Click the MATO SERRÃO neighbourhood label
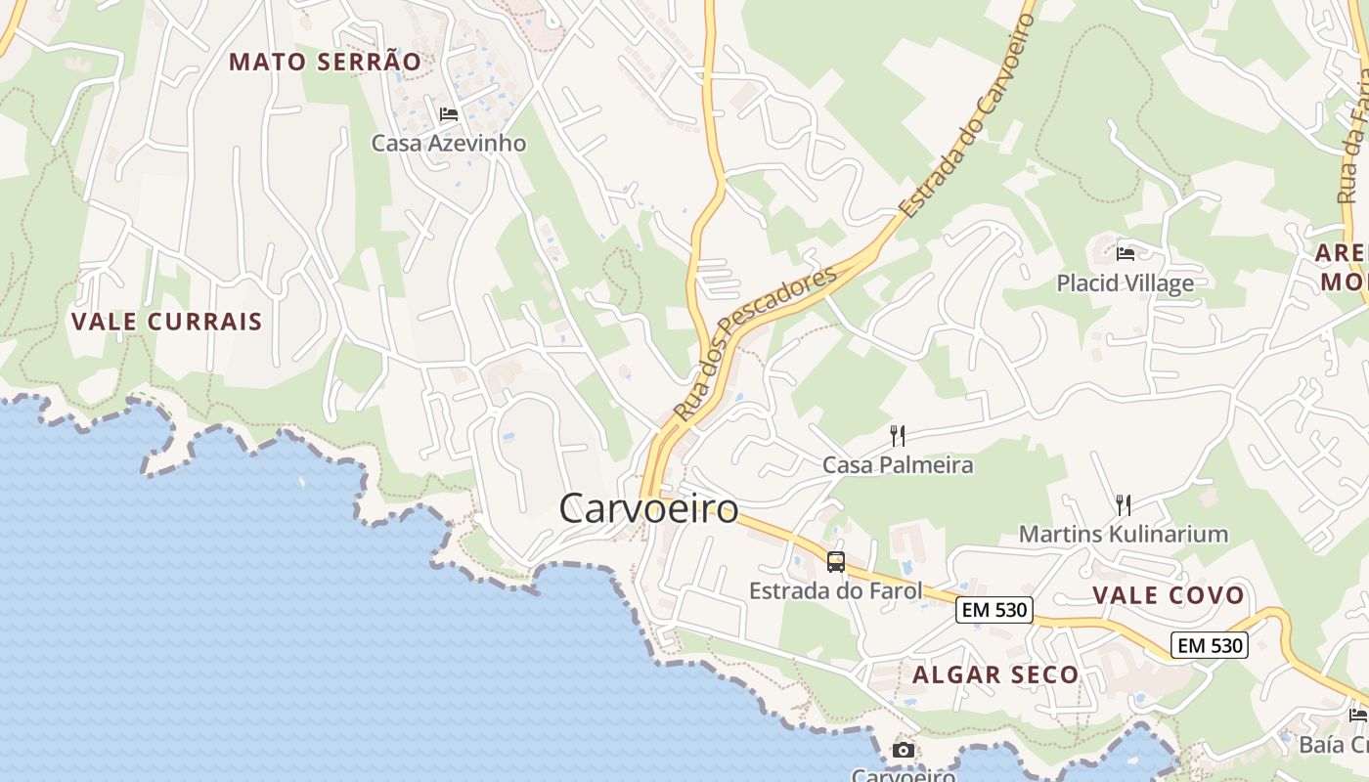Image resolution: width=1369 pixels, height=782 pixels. click(325, 62)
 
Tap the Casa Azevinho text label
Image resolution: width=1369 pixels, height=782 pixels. click(449, 143)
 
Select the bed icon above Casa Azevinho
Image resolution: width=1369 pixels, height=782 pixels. click(449, 114)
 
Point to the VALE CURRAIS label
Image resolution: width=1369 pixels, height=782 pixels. click(167, 322)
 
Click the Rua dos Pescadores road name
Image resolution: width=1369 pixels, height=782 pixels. click(757, 343)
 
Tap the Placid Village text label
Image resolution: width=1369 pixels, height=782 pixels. click(1125, 283)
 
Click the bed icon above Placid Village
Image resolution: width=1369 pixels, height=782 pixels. click(1126, 254)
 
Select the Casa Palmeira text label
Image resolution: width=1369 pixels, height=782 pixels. click(898, 464)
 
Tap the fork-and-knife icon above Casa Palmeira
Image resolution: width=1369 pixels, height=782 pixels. click(898, 435)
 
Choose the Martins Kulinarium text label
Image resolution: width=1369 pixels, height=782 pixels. click(1123, 534)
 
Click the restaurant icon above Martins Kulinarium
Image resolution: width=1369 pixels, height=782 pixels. click(1124, 505)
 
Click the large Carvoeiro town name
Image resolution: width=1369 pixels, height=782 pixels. click(648, 508)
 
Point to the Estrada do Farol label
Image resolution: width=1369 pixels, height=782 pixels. click(835, 590)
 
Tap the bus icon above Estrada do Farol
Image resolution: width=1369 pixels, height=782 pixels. click(836, 562)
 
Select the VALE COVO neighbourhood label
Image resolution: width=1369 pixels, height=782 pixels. click(1168, 595)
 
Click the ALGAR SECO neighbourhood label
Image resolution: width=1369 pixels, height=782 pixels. click(995, 674)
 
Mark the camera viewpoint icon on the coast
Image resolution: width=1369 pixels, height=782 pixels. click(904, 751)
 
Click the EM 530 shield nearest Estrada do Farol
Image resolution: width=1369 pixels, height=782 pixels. click(994, 610)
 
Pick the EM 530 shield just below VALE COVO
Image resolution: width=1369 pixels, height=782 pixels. click(1210, 645)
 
